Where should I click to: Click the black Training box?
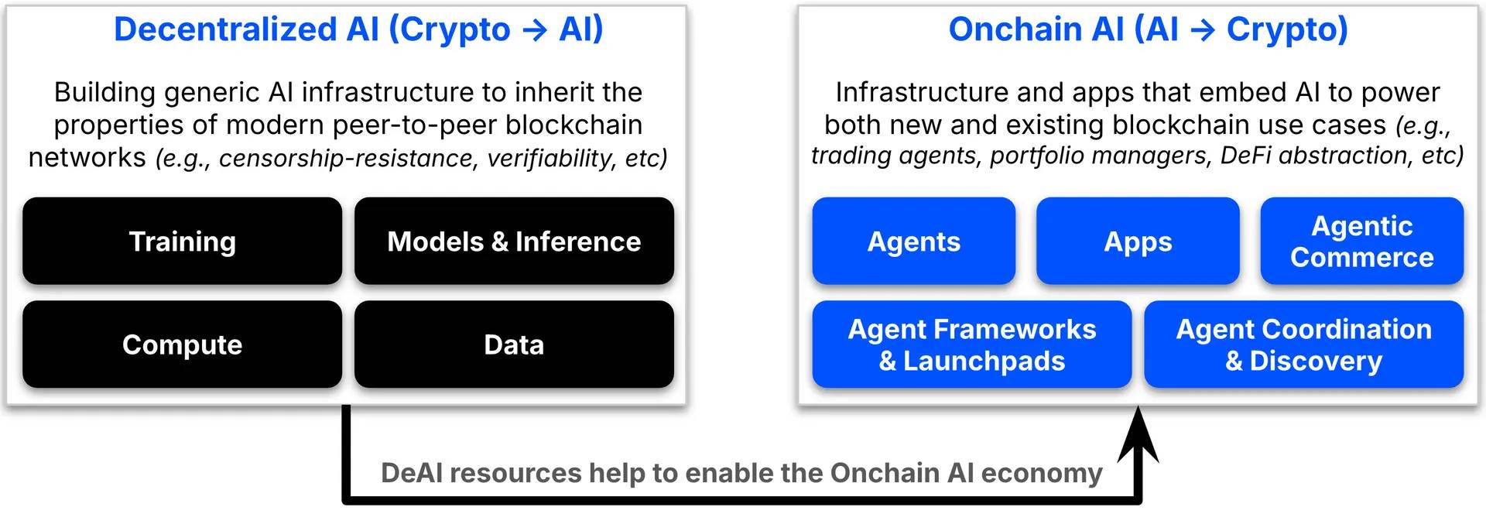182,241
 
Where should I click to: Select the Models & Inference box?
514,241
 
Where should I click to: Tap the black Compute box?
182,344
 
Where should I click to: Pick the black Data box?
514,344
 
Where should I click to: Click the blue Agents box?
913,241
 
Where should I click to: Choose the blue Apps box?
1138,241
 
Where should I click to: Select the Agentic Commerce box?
1361,241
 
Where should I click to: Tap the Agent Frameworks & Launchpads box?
971,344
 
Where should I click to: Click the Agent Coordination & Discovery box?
1303,344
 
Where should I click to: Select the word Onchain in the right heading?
1015,29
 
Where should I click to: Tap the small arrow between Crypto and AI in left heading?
535,31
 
